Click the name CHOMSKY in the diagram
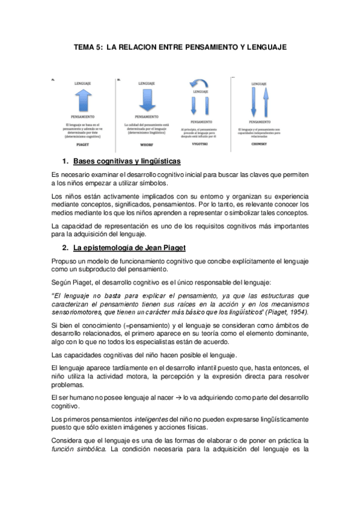(x=259, y=144)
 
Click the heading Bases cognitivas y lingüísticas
(x=127, y=162)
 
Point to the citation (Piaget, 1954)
(x=287, y=312)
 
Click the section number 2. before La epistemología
(x=65, y=249)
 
